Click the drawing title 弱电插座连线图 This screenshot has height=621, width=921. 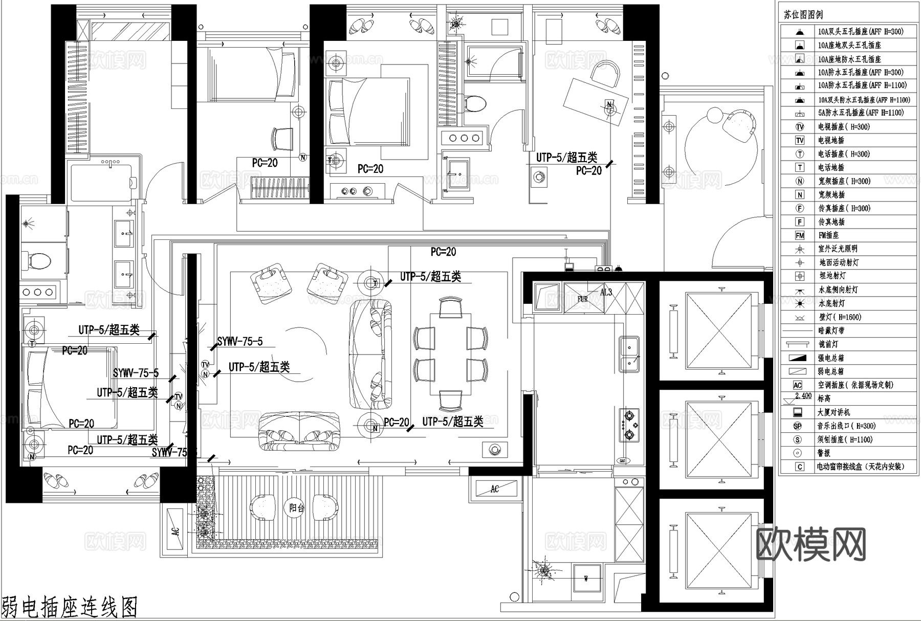point(70,607)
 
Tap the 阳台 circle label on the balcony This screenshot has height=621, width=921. point(296,508)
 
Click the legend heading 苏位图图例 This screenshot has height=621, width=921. point(803,15)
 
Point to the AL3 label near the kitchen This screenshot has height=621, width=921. point(606,292)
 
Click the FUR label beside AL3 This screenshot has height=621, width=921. point(583,299)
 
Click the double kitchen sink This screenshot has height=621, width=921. point(629,353)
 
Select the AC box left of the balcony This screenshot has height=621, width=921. point(176,530)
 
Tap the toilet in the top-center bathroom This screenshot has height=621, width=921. point(475,103)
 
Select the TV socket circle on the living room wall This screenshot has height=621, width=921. point(205,364)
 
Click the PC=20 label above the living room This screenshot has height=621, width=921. point(443,252)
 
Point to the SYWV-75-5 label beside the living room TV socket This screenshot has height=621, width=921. point(240,341)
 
